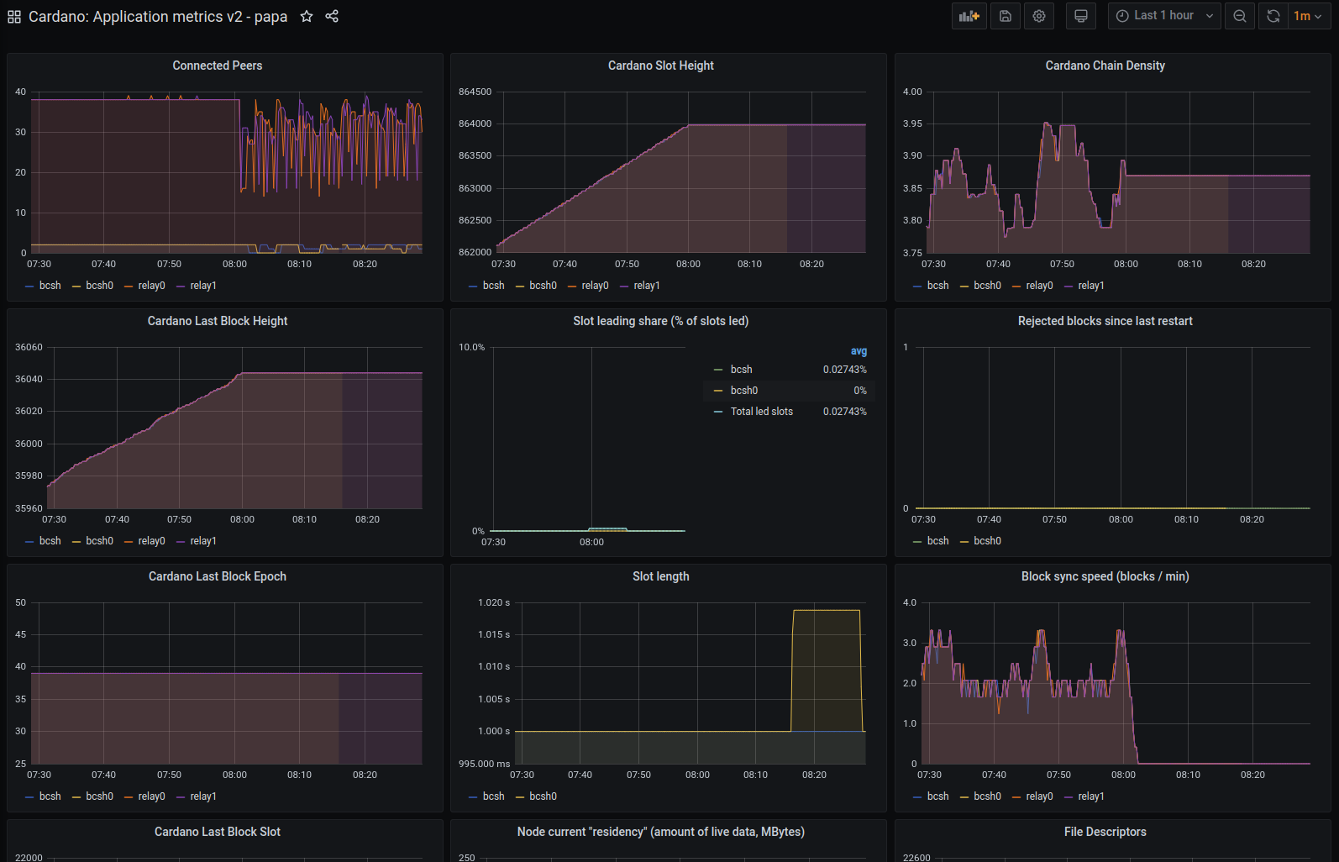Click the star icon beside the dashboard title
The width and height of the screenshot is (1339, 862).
[307, 16]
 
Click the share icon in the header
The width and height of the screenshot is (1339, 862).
[332, 16]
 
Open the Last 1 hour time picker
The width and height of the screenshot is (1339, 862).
[1163, 16]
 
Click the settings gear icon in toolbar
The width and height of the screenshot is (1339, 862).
[1039, 16]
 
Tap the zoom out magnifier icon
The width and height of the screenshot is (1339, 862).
[1240, 16]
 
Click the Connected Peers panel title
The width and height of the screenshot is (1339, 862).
[218, 66]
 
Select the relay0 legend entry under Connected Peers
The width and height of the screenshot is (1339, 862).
[151, 286]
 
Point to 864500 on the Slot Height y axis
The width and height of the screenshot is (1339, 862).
[475, 92]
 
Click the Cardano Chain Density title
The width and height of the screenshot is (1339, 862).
[1105, 66]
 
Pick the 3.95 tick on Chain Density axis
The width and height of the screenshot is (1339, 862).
[912, 124]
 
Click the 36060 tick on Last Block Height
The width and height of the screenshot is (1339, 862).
[29, 347]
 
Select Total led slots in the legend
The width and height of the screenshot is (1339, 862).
[761, 412]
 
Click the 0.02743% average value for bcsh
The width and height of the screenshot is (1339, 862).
[844, 370]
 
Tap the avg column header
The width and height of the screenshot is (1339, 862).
[859, 351]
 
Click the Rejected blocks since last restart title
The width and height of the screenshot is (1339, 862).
[1105, 321]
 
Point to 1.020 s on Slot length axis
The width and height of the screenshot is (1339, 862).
[494, 602]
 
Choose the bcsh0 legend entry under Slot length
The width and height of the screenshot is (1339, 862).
[543, 796]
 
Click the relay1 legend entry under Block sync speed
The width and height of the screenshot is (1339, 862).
[1090, 796]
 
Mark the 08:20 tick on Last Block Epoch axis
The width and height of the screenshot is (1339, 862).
[365, 775]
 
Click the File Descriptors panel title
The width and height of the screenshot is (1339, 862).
[1105, 832]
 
